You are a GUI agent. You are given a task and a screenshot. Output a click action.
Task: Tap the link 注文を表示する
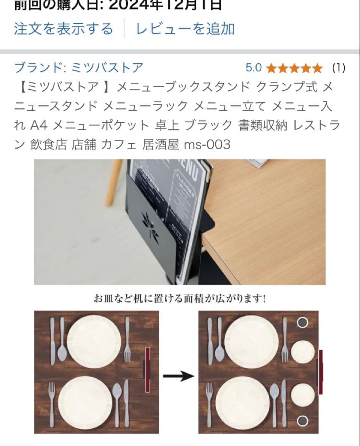63,29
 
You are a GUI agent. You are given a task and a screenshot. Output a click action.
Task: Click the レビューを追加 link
185,29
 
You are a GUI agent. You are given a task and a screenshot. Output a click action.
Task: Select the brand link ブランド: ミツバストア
79,67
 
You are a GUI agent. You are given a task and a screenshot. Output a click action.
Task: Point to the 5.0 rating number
254,68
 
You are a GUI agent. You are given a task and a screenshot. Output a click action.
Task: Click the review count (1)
339,68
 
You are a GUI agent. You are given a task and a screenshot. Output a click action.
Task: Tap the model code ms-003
207,145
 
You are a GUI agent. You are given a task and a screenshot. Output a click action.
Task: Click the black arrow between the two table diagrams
178,376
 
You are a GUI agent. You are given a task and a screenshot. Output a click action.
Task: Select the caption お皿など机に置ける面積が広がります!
179,298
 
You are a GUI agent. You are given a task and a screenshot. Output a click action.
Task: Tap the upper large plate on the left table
94,341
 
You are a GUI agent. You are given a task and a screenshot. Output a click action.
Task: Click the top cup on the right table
303,323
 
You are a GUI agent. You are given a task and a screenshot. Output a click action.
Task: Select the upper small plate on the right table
303,352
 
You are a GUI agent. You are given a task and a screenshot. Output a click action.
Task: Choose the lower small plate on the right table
303,394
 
